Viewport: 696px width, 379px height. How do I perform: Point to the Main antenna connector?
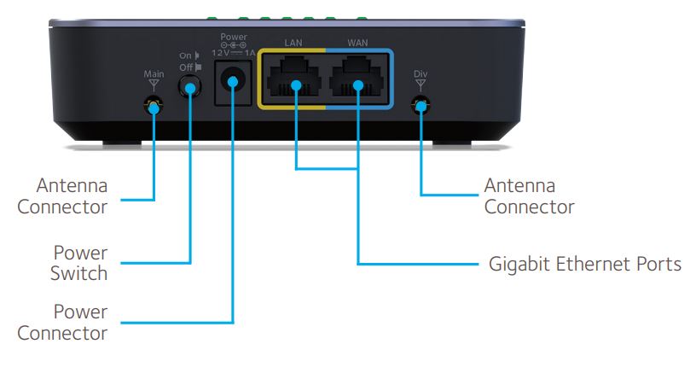tap(154, 107)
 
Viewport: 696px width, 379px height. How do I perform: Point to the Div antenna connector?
tap(420, 106)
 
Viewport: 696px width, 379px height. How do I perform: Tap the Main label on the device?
tap(154, 74)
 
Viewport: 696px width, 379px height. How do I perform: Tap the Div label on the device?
tap(420, 73)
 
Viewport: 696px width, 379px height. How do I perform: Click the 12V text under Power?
tap(220, 52)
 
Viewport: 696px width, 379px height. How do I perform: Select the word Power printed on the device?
tap(233, 37)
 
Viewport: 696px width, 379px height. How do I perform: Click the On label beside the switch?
tap(185, 56)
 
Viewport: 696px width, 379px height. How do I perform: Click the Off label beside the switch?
tap(185, 67)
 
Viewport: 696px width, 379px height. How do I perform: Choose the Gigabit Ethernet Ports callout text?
tap(584, 264)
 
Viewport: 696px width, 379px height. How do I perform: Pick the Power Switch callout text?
tap(80, 264)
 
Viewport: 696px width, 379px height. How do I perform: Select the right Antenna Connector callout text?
tap(529, 196)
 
